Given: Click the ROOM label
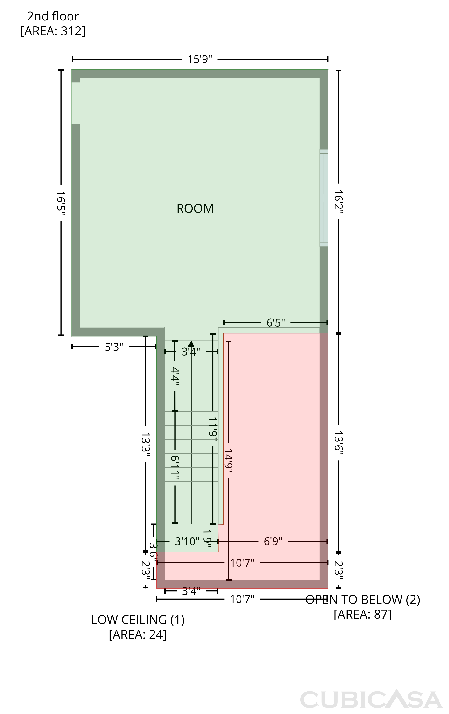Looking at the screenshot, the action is [x=195, y=208].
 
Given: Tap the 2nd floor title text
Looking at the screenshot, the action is [x=53, y=16].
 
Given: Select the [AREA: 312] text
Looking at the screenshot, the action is [x=53, y=31].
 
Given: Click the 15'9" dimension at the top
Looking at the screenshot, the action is [x=200, y=59].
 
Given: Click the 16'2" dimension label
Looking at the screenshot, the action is [x=338, y=202].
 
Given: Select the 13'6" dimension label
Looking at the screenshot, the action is [x=338, y=441].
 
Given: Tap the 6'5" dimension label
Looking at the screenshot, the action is [x=276, y=322].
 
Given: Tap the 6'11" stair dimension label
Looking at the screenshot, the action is [x=175, y=468].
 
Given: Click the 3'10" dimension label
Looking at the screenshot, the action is [x=187, y=541].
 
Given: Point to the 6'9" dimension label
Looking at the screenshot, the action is [x=273, y=541].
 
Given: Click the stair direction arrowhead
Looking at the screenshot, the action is [x=191, y=344].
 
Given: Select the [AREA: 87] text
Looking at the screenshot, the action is [x=362, y=614].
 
